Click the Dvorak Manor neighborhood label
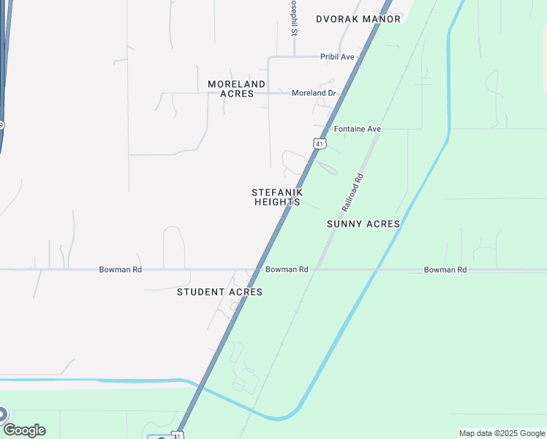[x=358, y=19]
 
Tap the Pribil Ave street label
[x=337, y=56]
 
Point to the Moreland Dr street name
[x=313, y=93]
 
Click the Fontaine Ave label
[x=358, y=129]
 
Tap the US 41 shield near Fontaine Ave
[x=320, y=143]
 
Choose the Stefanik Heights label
[x=277, y=197]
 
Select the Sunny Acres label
[x=363, y=224]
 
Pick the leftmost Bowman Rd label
[x=121, y=269]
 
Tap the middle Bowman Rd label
[x=287, y=269]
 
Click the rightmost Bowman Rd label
[x=445, y=269]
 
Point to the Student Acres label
[x=219, y=292]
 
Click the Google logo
[x=24, y=430]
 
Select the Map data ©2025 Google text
[x=502, y=433]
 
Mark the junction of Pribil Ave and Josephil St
[x=294, y=56]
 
